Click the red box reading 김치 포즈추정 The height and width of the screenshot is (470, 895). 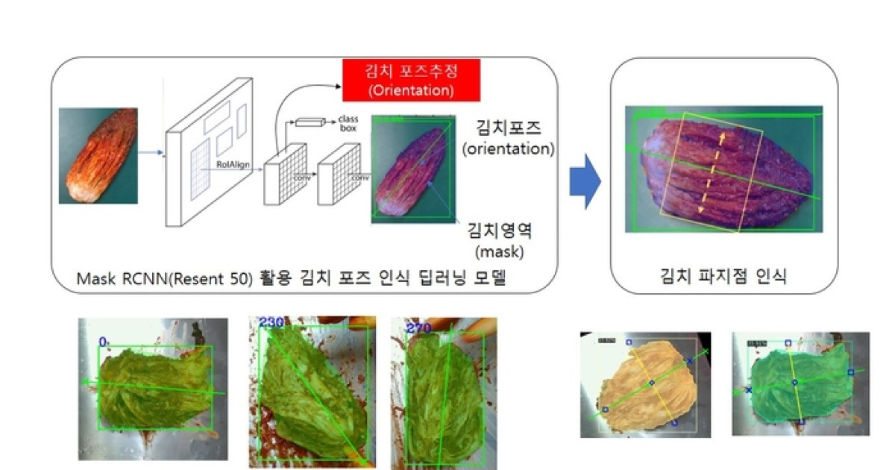[x=411, y=80]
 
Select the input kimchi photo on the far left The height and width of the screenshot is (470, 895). [x=98, y=156]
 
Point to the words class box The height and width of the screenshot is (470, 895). [x=348, y=123]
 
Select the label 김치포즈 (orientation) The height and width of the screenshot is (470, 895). [x=508, y=138]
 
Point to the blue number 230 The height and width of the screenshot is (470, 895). [x=271, y=322]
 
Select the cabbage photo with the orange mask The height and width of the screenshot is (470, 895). [x=645, y=384]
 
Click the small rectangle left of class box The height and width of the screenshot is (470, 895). [x=311, y=122]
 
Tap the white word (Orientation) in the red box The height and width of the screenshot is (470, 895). [x=411, y=91]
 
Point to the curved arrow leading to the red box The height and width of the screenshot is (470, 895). [x=298, y=101]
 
